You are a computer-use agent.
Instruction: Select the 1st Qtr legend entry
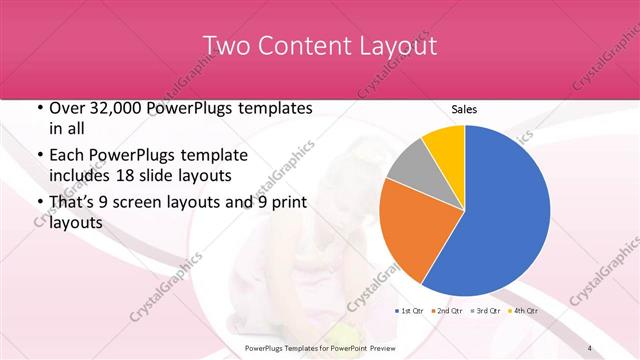(412, 312)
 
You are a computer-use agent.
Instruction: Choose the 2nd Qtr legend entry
(448, 312)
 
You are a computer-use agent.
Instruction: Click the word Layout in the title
(395, 46)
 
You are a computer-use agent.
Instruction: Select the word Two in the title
(227, 46)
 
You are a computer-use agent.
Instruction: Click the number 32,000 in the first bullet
(109, 108)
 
